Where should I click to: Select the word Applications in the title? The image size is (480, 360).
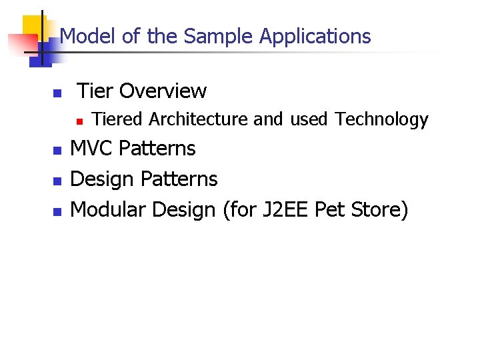click(315, 36)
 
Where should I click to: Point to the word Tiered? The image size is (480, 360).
click(117, 119)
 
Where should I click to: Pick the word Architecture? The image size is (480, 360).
click(198, 119)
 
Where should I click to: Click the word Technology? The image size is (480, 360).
click(381, 119)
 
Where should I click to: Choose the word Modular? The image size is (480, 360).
click(109, 209)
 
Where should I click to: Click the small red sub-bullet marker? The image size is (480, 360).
click(78, 121)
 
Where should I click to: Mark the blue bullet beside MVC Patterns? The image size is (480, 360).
click(57, 150)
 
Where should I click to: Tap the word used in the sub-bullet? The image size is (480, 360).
click(309, 119)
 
